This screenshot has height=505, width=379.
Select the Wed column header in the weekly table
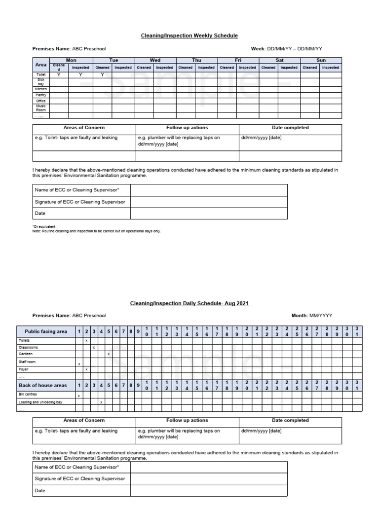pos(155,60)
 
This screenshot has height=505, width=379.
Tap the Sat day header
pos(279,60)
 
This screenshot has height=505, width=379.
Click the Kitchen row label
pos(41,89)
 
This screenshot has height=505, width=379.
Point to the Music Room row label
pos(41,108)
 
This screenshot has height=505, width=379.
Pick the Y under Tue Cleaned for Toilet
pos(102,75)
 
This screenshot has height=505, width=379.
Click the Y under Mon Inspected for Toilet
pos(80,75)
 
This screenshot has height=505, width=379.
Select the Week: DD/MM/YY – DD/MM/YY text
pos(287,49)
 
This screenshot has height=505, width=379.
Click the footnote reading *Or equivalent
pos(44,226)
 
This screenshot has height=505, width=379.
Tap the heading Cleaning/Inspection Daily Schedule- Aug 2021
pos(189,303)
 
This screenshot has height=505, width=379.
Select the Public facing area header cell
pos(46,332)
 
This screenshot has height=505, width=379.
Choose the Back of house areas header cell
pos(46,385)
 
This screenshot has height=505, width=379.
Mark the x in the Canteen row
pos(109,354)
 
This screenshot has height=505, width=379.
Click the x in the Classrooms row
pos(94,347)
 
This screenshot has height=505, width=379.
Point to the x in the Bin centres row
pos(79,396)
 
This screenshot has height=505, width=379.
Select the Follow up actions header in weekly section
pos(187,128)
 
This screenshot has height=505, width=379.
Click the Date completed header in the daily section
pos(290,421)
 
